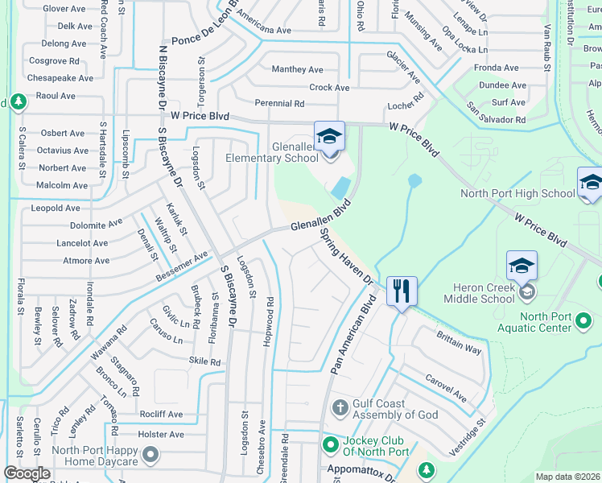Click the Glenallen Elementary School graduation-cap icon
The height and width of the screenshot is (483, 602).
click(329, 136)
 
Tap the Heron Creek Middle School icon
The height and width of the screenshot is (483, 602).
click(522, 266)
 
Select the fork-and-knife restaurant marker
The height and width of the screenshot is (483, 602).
click(402, 290)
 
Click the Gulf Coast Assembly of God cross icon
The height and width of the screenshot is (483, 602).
click(340, 407)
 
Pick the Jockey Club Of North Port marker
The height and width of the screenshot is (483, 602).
click(330, 444)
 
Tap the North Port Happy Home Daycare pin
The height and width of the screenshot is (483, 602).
click(150, 456)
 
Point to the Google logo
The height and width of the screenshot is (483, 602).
click(27, 473)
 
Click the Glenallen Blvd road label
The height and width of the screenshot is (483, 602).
click(322, 217)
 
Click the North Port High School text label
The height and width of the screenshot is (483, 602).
click(517, 193)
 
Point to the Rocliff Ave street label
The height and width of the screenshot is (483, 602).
click(160, 415)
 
